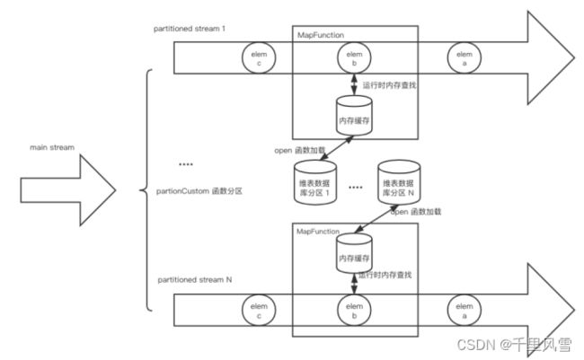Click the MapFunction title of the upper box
coord(321,35)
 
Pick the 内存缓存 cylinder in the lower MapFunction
coord(354,257)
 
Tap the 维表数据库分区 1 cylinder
coord(316,181)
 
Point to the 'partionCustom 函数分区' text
coord(199,191)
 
